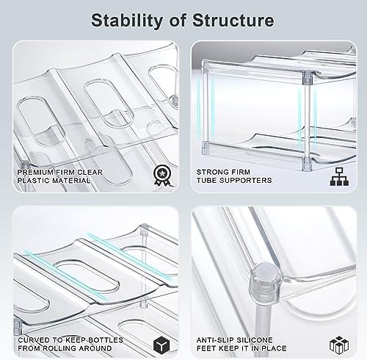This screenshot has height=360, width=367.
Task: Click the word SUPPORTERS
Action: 246,180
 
